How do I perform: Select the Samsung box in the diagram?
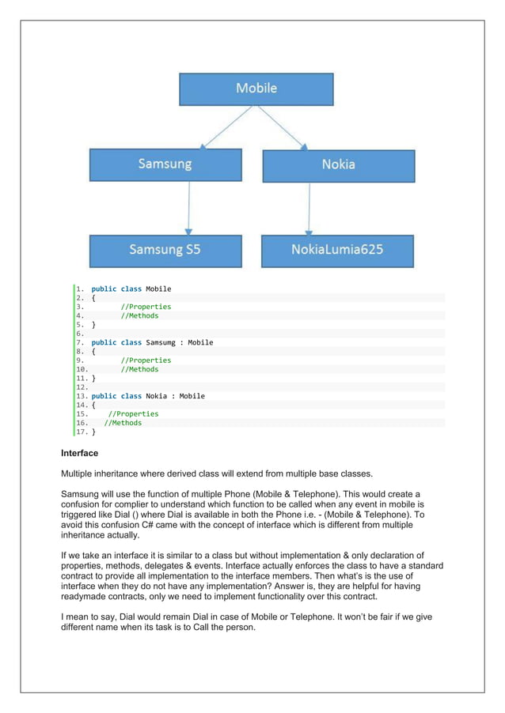(165, 164)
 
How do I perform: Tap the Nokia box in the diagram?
(338, 164)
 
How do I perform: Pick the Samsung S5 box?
(165, 250)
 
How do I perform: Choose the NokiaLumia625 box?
(337, 250)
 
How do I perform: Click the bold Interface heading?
(79, 454)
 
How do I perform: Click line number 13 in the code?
(82, 396)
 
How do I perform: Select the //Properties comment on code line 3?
(145, 307)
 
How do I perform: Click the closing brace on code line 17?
(93, 432)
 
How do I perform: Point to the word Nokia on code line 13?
(161, 396)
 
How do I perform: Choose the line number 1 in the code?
(80, 289)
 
